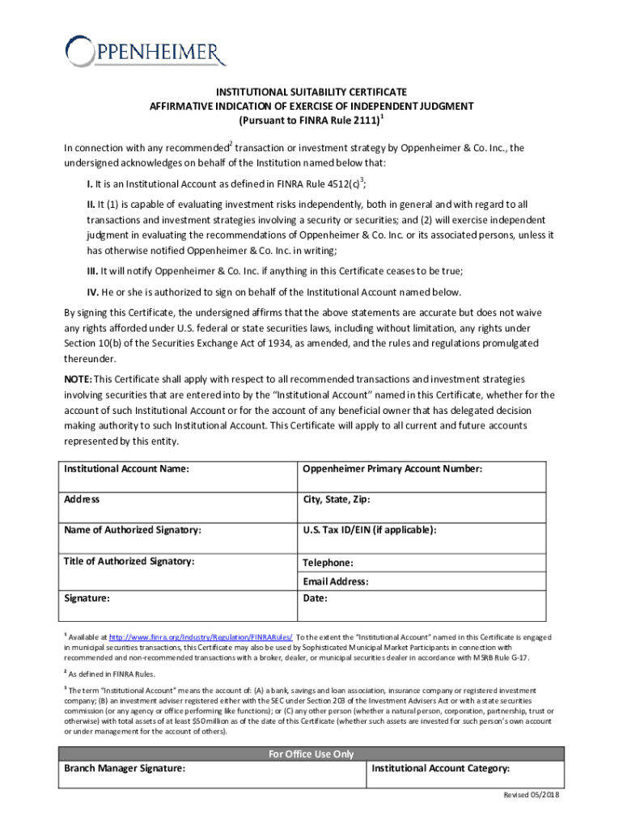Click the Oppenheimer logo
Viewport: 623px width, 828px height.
[146, 53]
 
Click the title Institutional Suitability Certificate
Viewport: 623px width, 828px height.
[311, 92]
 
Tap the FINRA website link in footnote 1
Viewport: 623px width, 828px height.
[201, 637]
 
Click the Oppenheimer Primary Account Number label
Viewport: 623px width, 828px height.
[392, 469]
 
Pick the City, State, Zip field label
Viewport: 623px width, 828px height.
[337, 500]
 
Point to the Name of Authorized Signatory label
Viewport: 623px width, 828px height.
[133, 530]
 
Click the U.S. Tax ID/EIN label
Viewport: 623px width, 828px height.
[370, 530]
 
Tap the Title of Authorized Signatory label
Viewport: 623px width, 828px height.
[129, 560]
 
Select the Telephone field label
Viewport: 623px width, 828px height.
[328, 563]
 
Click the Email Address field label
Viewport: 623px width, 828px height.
[336, 581]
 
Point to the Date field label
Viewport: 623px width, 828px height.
[315, 598]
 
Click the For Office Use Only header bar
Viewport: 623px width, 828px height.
[311, 754]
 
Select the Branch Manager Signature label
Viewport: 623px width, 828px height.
[125, 768]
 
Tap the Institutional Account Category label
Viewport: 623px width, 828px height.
[440, 768]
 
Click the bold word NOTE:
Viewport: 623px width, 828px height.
[78, 379]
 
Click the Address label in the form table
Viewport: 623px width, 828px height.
[82, 499]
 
